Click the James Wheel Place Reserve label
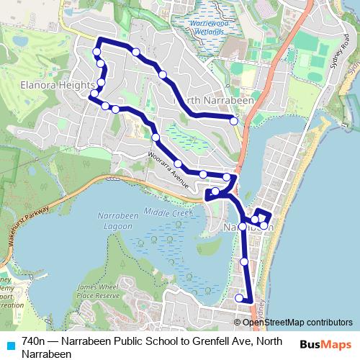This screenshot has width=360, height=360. pos(96,292)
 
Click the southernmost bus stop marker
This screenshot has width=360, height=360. pos(239,297)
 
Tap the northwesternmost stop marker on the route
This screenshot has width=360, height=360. pos(96,51)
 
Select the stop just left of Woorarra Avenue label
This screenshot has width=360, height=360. pos(156,138)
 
